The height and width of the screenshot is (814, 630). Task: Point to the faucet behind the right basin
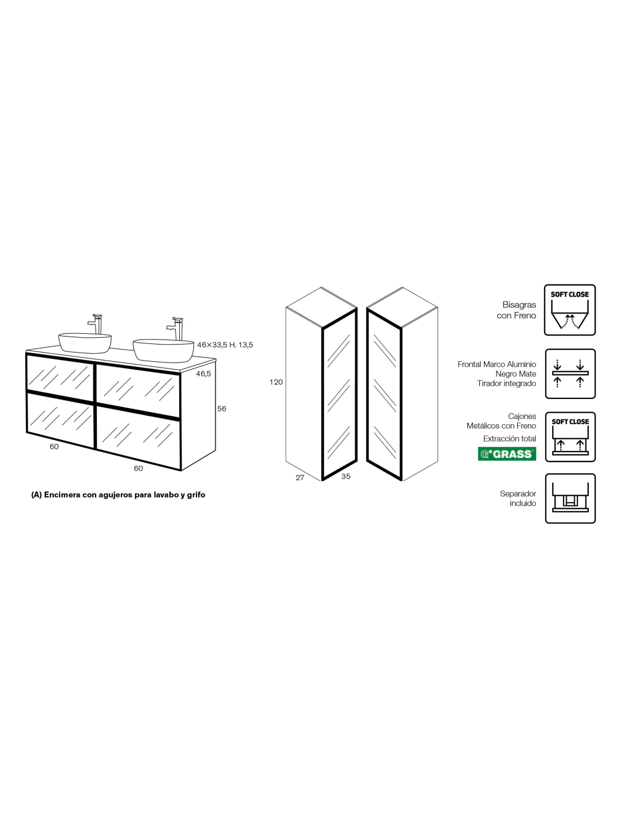tap(175, 329)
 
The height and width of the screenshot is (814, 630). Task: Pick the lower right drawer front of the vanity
tap(139, 436)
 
